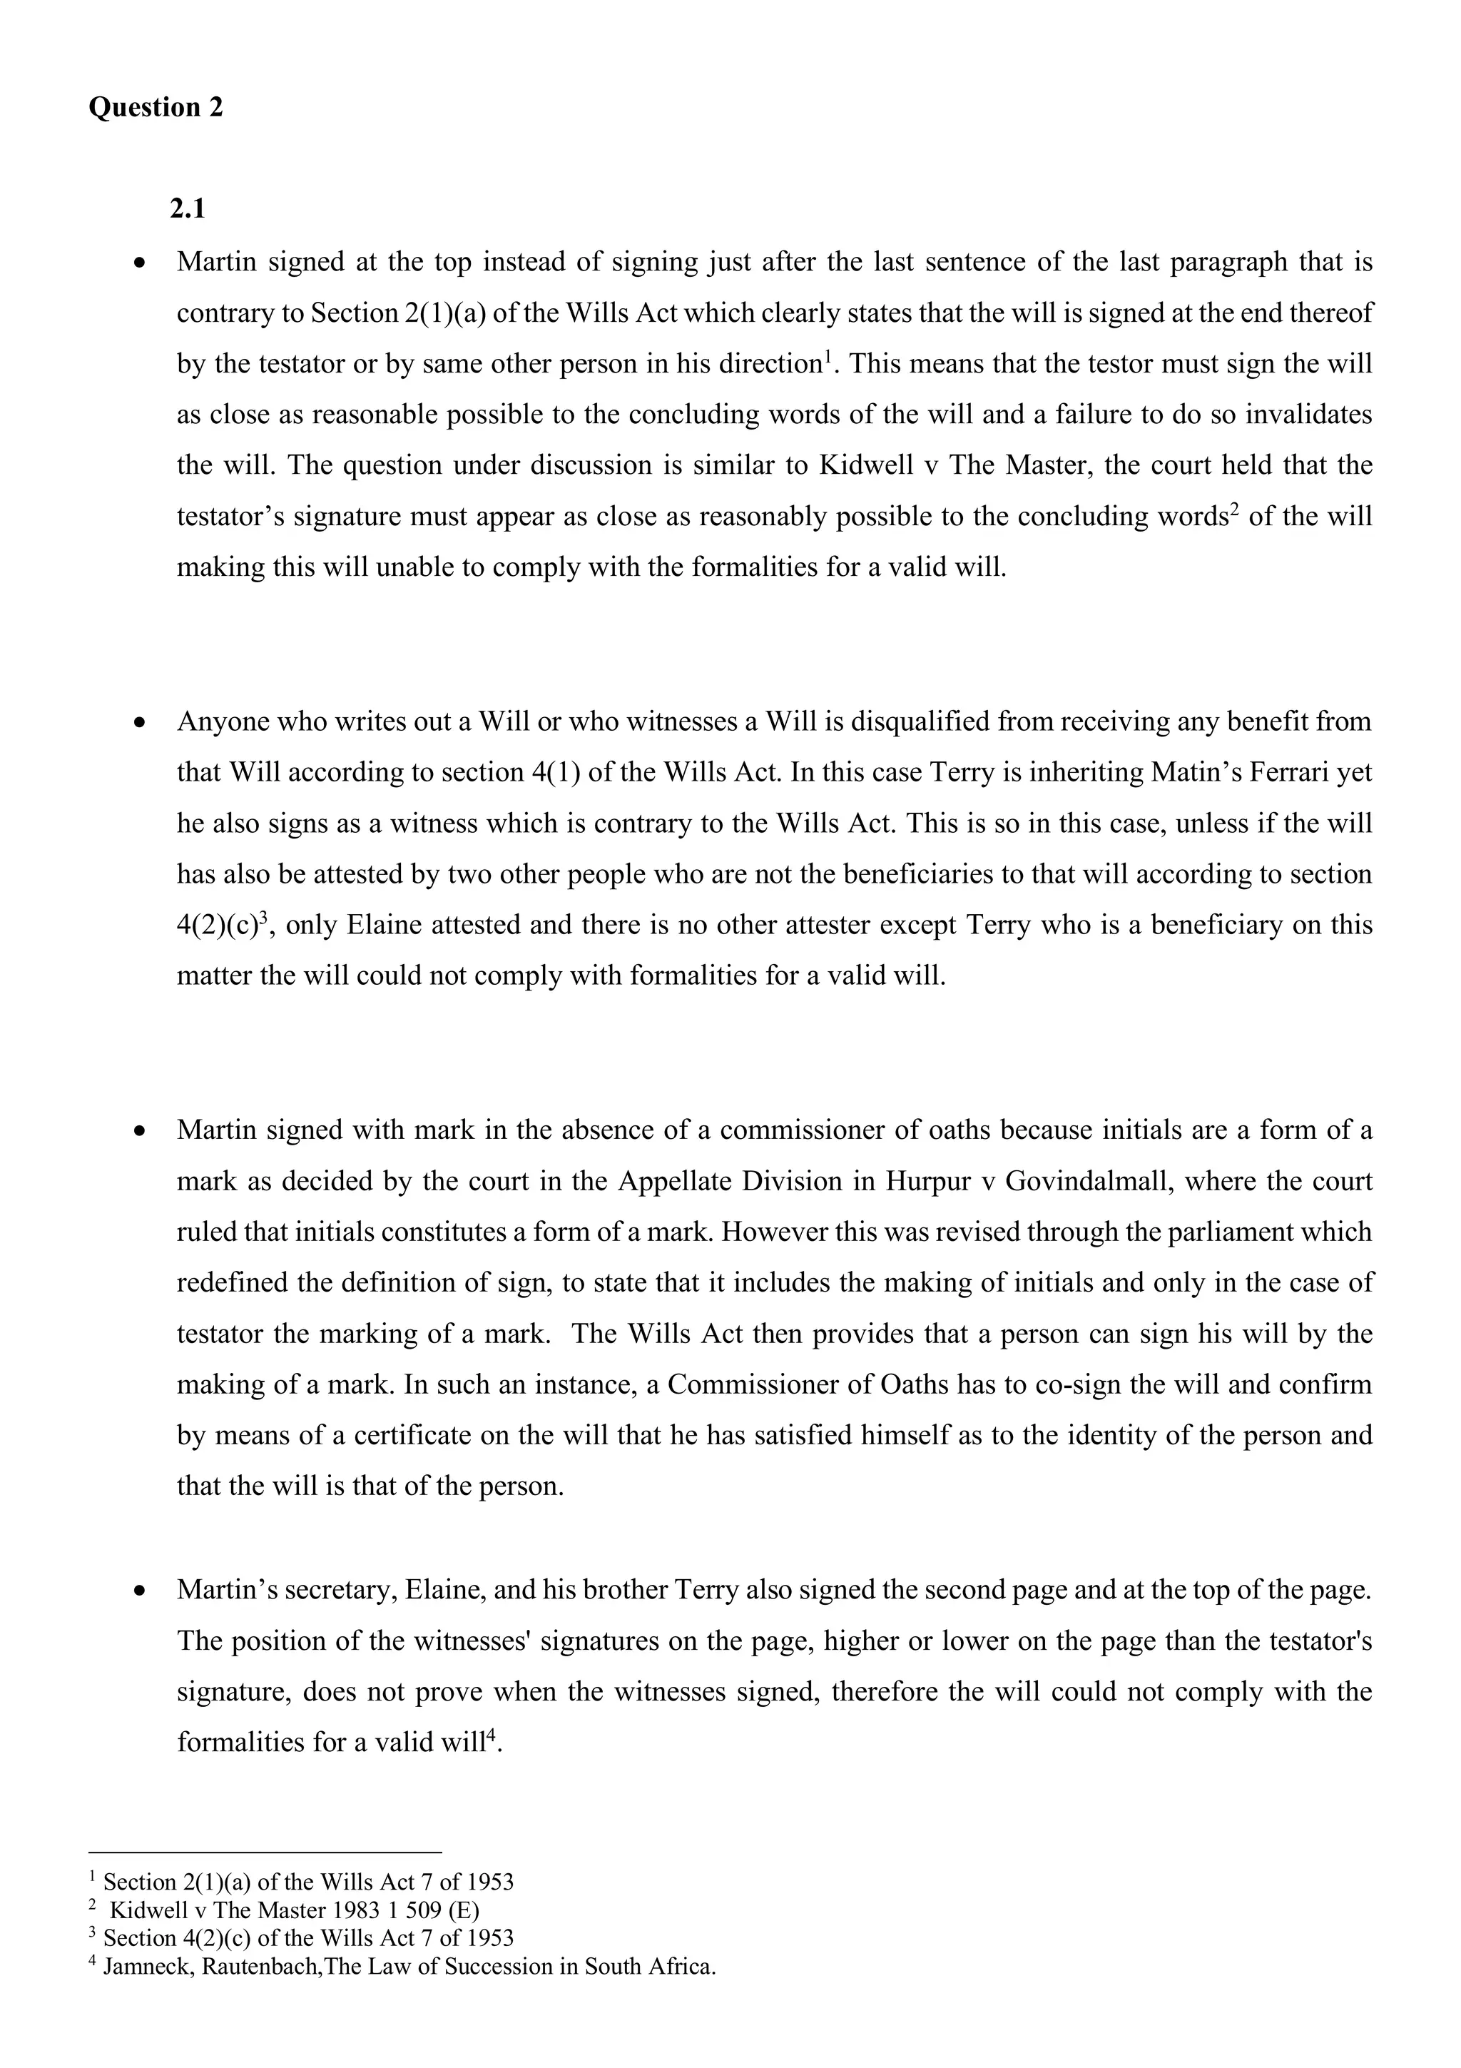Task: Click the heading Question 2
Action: point(156,107)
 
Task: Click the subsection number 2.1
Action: point(187,209)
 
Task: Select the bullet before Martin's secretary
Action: point(140,1591)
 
